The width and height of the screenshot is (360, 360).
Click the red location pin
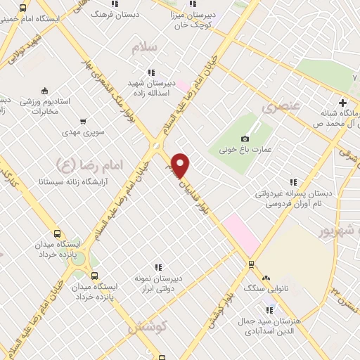[x=181, y=165]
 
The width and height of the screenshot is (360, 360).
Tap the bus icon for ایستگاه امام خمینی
[x=23, y=8]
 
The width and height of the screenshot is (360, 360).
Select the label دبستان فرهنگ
[x=139, y=13]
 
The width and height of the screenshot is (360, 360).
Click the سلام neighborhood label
[x=146, y=48]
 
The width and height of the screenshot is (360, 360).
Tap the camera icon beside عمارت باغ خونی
[x=245, y=139]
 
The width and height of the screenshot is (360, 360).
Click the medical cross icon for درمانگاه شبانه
[x=342, y=103]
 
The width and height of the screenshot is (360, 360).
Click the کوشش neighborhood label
[x=147, y=327]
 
